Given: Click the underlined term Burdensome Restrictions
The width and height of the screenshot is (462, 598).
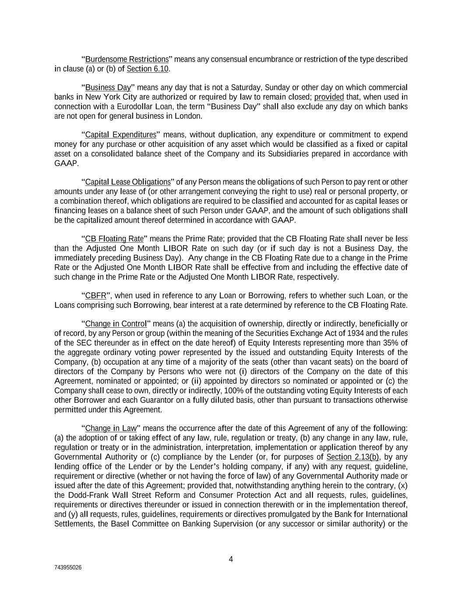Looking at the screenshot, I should tap(127, 59).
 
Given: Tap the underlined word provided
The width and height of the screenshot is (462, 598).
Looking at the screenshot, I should tap(329, 97).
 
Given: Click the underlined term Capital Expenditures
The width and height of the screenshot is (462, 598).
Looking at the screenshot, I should tap(120, 134).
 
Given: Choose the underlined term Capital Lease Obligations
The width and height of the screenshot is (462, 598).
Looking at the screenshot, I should tap(127, 182).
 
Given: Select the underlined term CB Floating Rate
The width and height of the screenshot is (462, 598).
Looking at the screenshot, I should tap(114, 239).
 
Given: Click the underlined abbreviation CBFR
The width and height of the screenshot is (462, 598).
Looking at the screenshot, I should tap(95, 296).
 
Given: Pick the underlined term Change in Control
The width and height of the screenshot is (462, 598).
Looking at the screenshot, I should tap(116, 324).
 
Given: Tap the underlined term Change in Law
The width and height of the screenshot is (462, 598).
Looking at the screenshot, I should tap(111, 428).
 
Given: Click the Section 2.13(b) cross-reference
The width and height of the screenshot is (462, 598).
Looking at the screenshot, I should tap(353, 457).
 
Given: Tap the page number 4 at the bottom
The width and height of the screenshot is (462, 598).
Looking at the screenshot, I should tap(231, 559).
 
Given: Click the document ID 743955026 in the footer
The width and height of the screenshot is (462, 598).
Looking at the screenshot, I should tap(68, 567).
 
